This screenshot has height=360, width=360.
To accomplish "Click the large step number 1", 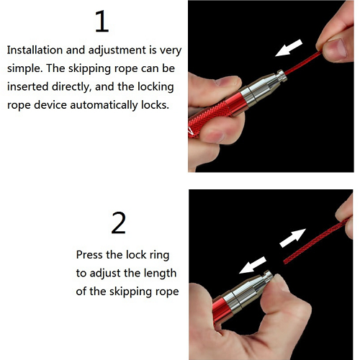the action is click(x=102, y=21).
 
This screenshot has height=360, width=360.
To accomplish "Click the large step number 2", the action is click(x=119, y=223).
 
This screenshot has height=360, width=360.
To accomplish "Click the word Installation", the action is click(x=35, y=50).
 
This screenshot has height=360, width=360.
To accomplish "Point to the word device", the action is click(x=50, y=105).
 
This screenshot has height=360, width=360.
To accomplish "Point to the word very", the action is click(x=171, y=51).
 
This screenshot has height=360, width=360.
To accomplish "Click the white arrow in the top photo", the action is click(x=289, y=48).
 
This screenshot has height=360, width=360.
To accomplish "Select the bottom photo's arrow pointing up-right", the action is click(x=293, y=238).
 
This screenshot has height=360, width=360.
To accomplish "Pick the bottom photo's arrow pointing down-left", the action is click(x=253, y=265).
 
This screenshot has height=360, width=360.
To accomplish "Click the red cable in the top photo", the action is click(x=303, y=63).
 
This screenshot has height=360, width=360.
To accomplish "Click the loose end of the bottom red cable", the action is click(x=285, y=261).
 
